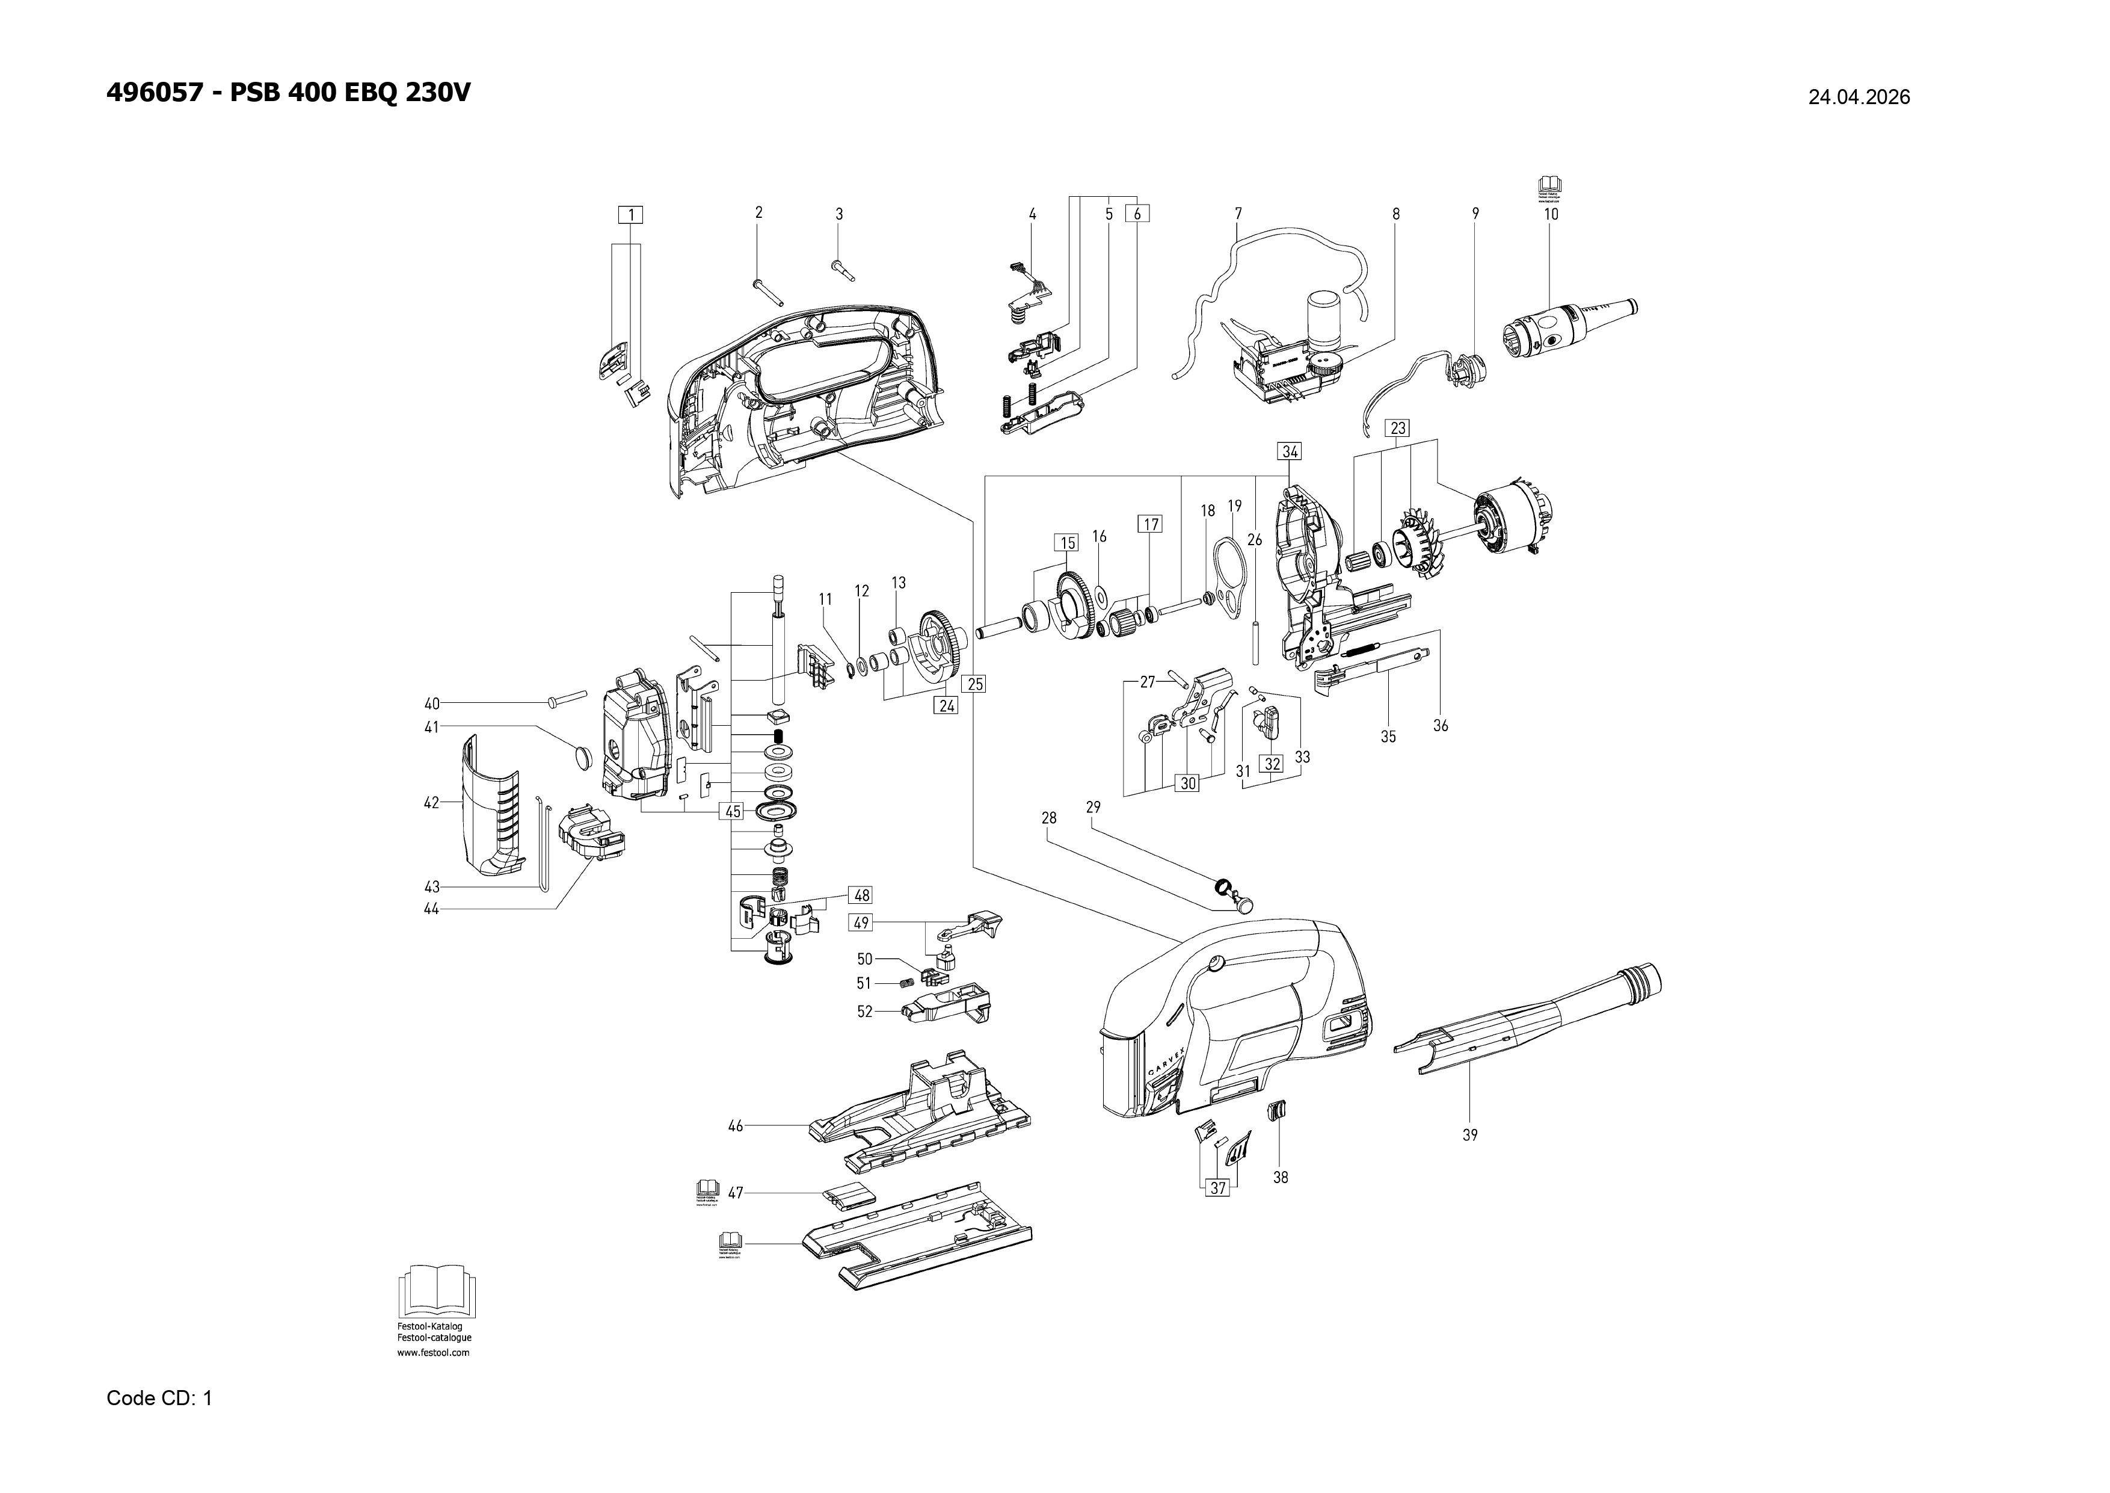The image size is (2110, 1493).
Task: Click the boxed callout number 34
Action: click(1290, 451)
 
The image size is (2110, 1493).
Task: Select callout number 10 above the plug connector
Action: click(1551, 214)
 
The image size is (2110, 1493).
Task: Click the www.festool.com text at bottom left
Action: click(433, 1352)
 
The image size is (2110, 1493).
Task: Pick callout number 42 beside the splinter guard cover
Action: click(431, 803)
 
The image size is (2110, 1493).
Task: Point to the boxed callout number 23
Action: click(1398, 428)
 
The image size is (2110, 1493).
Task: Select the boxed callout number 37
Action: click(1217, 1188)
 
